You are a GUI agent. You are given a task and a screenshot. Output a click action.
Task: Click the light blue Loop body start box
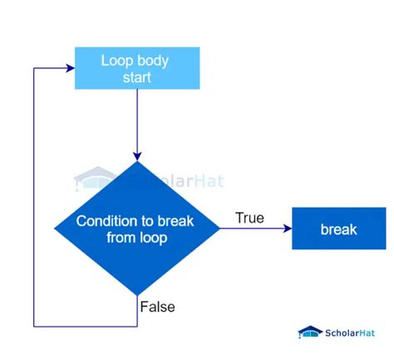click(137, 68)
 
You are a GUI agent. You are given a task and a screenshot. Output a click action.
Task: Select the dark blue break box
click(337, 229)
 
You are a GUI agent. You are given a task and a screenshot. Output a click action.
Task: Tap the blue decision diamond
click(137, 229)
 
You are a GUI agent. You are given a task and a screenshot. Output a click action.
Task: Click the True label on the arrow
click(249, 218)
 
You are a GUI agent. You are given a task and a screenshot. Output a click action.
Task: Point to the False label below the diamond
click(158, 307)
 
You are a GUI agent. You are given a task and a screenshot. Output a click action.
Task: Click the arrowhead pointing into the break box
click(286, 229)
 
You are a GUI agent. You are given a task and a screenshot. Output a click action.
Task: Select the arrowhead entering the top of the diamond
click(137, 155)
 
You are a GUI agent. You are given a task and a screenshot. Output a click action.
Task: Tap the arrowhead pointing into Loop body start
click(70, 68)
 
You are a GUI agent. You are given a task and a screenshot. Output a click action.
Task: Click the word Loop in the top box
click(116, 60)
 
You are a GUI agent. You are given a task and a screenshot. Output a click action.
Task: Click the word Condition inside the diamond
click(106, 221)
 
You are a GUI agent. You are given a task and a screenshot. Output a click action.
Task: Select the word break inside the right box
click(337, 229)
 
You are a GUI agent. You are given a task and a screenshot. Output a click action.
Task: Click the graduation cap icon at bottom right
click(310, 332)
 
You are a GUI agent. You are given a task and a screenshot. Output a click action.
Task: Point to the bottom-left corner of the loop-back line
click(33, 325)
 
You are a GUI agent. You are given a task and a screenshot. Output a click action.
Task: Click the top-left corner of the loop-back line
click(33, 68)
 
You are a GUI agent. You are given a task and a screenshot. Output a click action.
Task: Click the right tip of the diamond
click(220, 229)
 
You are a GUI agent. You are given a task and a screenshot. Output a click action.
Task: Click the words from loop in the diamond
click(137, 238)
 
